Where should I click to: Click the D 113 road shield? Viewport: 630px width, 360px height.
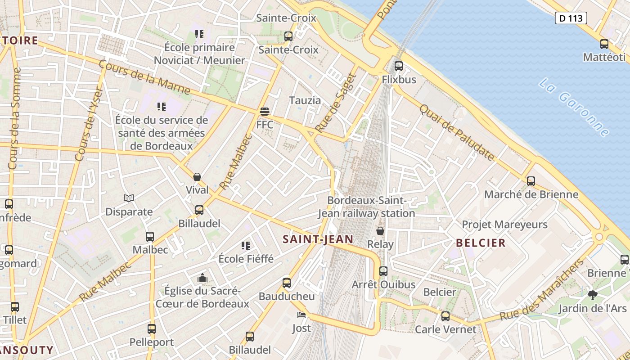pyautogui.click(x=571, y=18)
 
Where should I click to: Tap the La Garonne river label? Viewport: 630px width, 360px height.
pyautogui.click(x=574, y=108)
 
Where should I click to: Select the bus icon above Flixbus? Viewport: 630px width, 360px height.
pyautogui.click(x=398, y=66)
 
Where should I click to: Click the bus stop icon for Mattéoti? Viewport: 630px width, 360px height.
pyautogui.click(x=604, y=44)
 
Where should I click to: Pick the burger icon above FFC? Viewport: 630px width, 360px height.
pyautogui.click(x=265, y=111)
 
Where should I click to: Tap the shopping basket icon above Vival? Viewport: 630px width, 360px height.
pyautogui.click(x=197, y=177)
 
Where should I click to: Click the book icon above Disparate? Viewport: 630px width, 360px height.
pyautogui.click(x=129, y=198)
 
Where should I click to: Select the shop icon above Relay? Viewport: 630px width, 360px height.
pyautogui.click(x=380, y=231)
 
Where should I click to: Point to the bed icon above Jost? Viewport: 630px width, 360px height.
pyautogui.click(x=301, y=315)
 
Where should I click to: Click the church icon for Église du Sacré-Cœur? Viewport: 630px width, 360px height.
pyautogui.click(x=202, y=278)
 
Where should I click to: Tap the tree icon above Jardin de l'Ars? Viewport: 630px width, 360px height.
pyautogui.click(x=592, y=295)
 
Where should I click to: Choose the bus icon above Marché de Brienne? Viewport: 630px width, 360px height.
pyautogui.click(x=531, y=181)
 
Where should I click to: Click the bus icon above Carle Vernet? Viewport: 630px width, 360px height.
pyautogui.click(x=445, y=316)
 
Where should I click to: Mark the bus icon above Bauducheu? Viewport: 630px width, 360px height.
pyautogui.click(x=287, y=283)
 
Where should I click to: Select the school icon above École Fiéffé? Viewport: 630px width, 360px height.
pyautogui.click(x=246, y=245)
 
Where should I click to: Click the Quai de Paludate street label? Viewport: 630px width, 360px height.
pyautogui.click(x=457, y=132)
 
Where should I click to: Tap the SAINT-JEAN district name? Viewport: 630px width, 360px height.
pyautogui.click(x=318, y=239)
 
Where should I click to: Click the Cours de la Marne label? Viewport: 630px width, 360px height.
pyautogui.click(x=144, y=77)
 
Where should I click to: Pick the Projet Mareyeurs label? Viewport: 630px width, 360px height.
pyautogui.click(x=504, y=224)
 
